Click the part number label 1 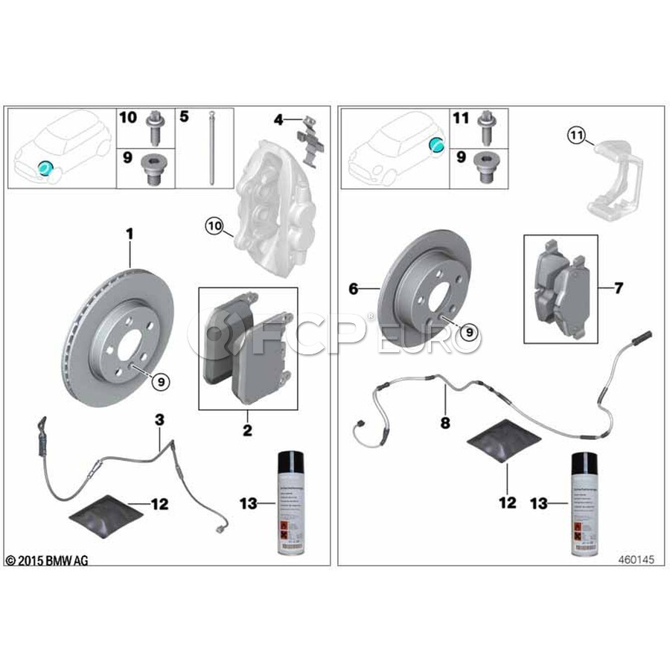[130, 233]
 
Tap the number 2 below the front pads [247, 430]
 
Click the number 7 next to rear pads [618, 287]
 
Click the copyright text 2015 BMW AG [47, 560]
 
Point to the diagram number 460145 [635, 560]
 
